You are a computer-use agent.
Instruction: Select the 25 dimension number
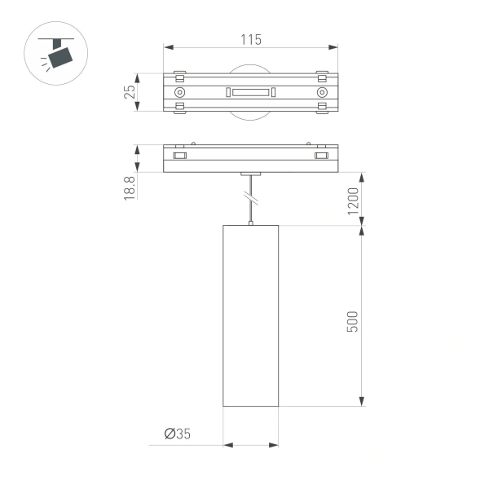tap(129, 93)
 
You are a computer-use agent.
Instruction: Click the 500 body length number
tap(352, 320)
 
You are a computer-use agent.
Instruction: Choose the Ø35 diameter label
tap(177, 434)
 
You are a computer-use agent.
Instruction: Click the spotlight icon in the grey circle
tap(56, 55)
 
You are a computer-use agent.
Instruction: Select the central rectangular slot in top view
tap(251, 93)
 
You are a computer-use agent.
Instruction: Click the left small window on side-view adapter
tap(181, 154)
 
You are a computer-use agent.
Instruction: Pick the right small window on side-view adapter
tap(321, 154)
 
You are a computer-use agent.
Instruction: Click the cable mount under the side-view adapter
tap(251, 174)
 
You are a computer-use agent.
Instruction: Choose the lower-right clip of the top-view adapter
tap(321, 108)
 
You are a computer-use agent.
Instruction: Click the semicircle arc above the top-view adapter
tap(251, 68)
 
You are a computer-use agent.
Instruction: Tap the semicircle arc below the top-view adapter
tap(251, 119)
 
